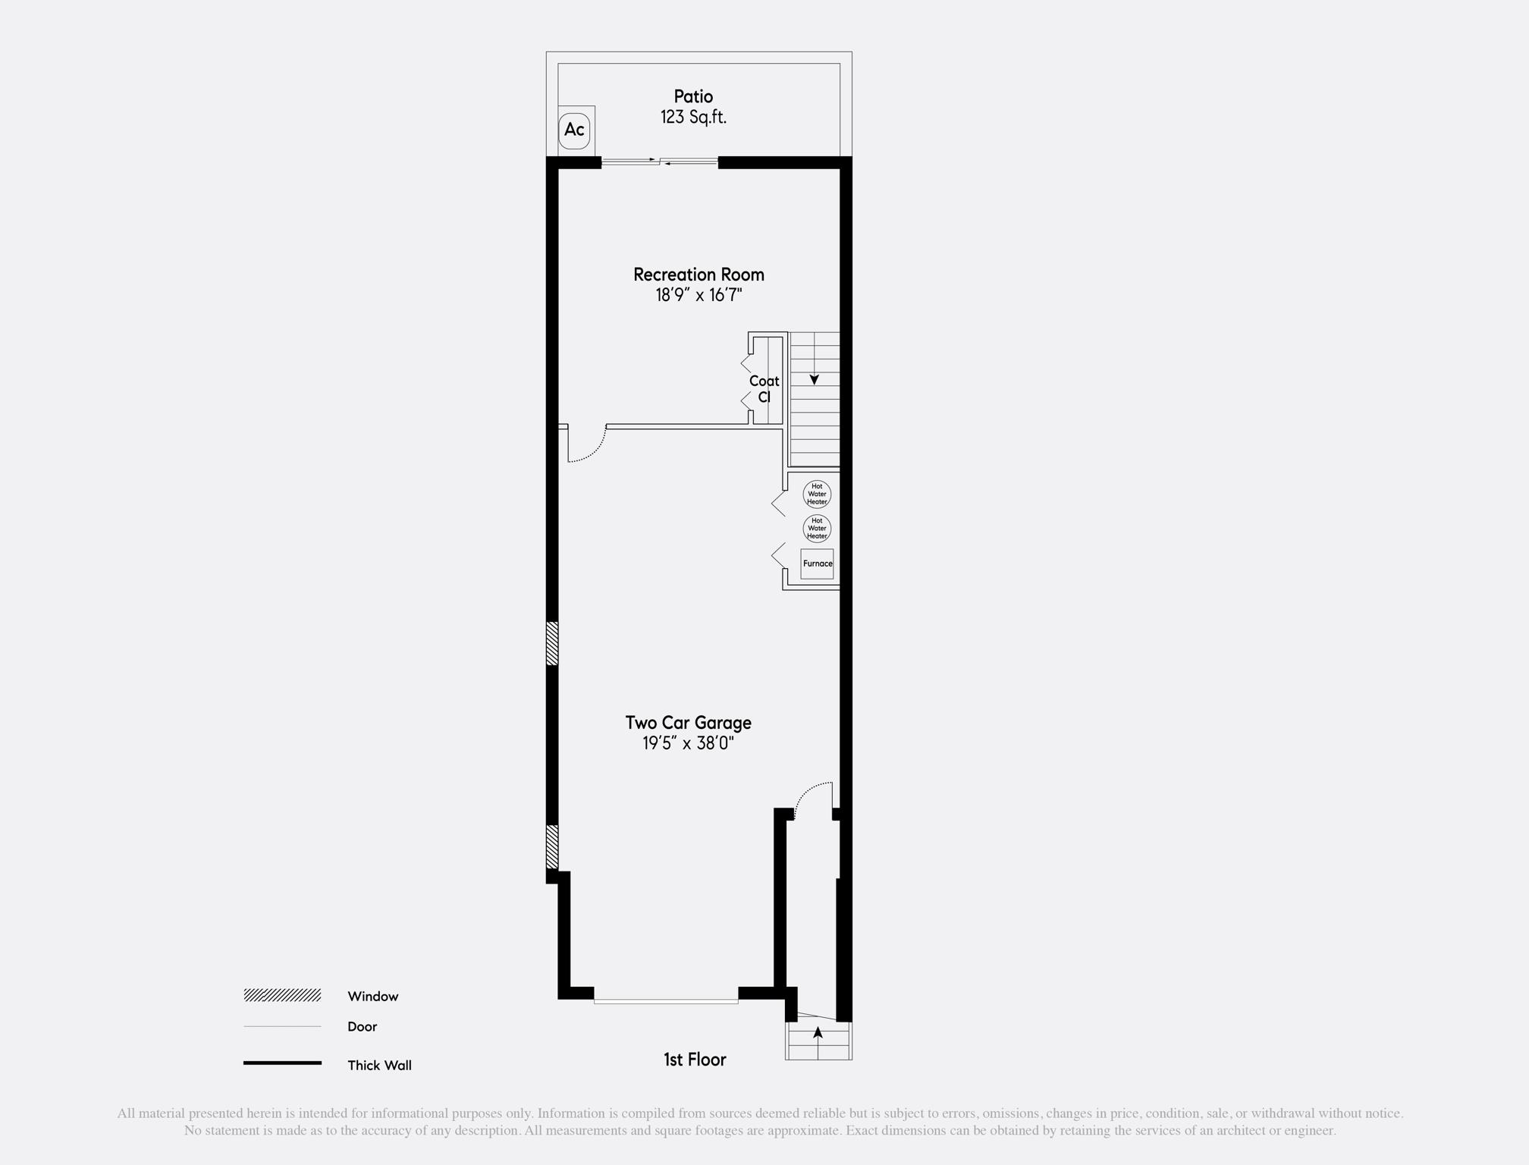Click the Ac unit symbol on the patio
pos(574,130)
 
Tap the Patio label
pos(693,96)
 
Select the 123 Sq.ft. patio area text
pos(693,117)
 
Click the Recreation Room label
pos(699,275)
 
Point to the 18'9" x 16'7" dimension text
pos(699,295)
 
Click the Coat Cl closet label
pos(764,388)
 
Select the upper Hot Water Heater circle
pos(817,495)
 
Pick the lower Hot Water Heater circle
pos(817,529)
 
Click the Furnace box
pos(817,564)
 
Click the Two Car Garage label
pos(688,723)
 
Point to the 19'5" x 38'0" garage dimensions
pos(688,743)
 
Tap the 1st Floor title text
pos(695,1060)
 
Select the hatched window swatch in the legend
pos(282,995)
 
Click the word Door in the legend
pos(362,1026)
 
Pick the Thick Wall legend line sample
pos(282,1063)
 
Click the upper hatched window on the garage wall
pos(552,644)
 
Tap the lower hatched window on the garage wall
pos(552,846)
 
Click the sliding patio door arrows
pos(660,161)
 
